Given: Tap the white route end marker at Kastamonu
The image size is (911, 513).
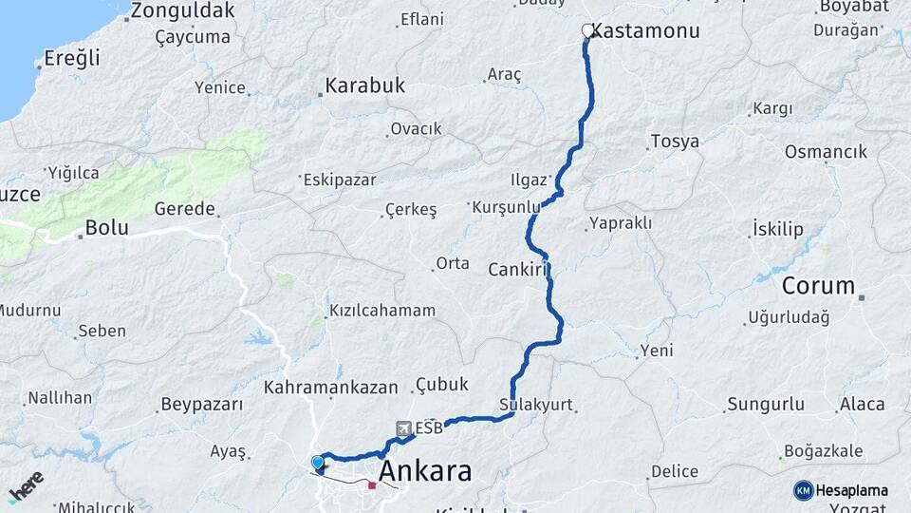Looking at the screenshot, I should point(587,30).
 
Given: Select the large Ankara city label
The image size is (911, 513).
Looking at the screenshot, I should point(425,471).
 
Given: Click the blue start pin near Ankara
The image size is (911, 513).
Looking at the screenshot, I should point(317,463).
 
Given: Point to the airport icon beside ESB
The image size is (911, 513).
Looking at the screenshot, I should point(404,428).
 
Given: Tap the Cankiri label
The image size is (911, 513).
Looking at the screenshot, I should point(518,270).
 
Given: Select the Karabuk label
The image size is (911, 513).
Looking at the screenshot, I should point(364,85).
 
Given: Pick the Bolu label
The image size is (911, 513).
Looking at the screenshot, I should point(106,228).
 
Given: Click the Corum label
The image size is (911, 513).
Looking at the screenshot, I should point(818,286).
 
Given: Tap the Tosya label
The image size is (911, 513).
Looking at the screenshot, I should point(675,142).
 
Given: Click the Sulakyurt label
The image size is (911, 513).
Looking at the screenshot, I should point(536,405).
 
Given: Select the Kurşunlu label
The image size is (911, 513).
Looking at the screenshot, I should point(505,206).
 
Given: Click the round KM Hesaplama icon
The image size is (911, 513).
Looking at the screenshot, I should point(804,490).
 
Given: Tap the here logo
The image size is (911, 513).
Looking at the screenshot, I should point(26,485).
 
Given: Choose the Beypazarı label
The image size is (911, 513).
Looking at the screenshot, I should point(202,405).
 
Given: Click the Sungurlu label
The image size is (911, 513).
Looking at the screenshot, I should point(765,405).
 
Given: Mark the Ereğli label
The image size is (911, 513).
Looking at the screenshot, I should point(72,58).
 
